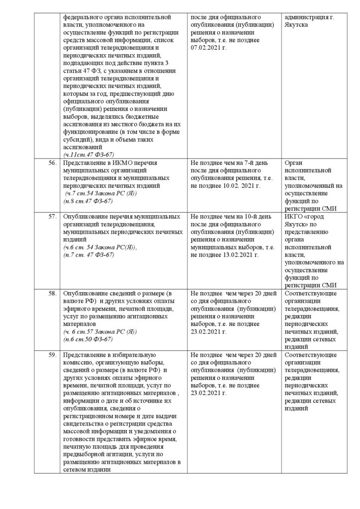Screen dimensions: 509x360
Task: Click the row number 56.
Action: (x=49, y=163)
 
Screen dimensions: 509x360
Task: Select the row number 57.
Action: (x=49, y=217)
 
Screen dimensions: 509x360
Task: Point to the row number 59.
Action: (x=49, y=355)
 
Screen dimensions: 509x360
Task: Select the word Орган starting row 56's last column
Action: (x=295, y=163)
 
